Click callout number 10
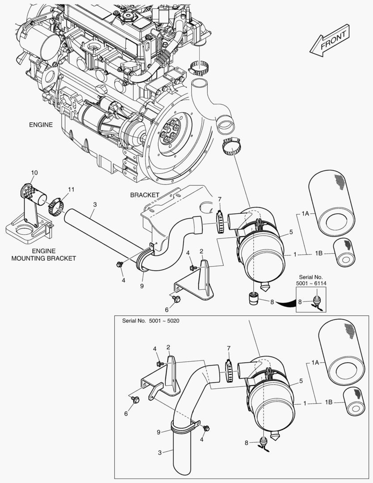35,173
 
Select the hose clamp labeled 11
55,206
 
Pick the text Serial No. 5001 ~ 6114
311,280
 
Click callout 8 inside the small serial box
300,301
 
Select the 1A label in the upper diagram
306,214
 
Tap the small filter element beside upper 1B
344,253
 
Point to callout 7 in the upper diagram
219,199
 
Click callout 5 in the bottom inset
301,381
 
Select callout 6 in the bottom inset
126,414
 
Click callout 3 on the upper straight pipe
95,204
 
